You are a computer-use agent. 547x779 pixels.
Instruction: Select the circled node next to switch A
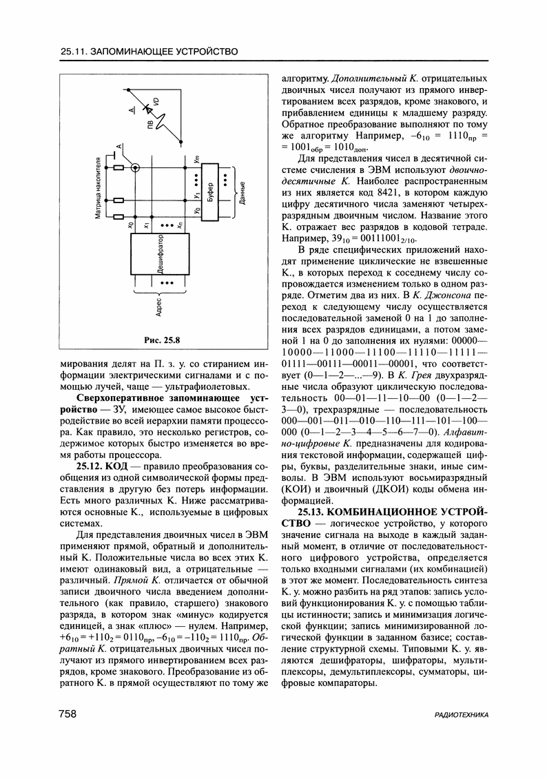click(136, 167)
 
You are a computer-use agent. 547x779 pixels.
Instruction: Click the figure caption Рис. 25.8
click(161, 340)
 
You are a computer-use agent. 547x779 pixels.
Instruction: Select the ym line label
click(197, 160)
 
